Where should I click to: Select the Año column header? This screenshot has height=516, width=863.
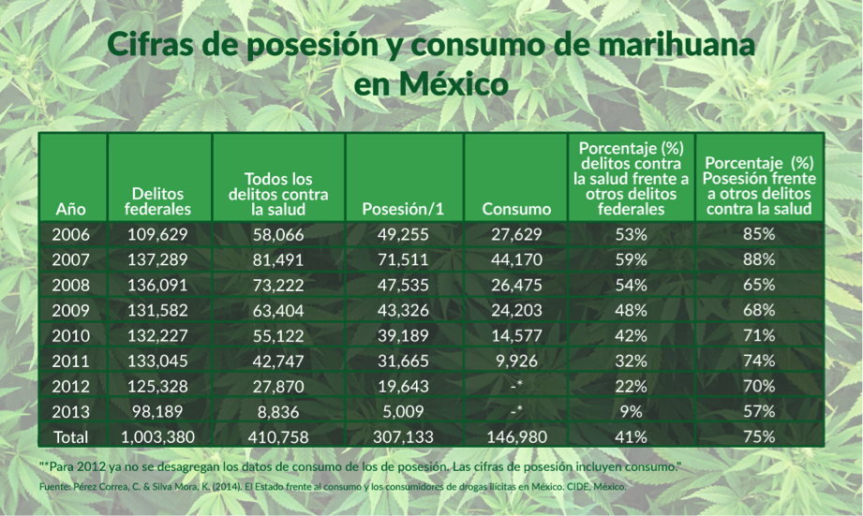(72, 209)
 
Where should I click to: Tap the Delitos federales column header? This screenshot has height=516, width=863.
(159, 200)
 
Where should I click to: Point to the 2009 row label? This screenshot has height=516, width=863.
(72, 310)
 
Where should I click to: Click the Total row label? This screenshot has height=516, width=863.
(72, 436)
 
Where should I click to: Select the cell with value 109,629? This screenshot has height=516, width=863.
(158, 234)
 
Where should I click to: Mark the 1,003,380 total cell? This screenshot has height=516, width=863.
(158, 436)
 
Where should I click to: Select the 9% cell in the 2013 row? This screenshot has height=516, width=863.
(630, 411)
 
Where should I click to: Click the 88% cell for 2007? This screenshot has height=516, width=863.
(759, 259)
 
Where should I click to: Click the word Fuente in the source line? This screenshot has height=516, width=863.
(54, 487)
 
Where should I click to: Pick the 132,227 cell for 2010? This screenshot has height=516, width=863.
(158, 335)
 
